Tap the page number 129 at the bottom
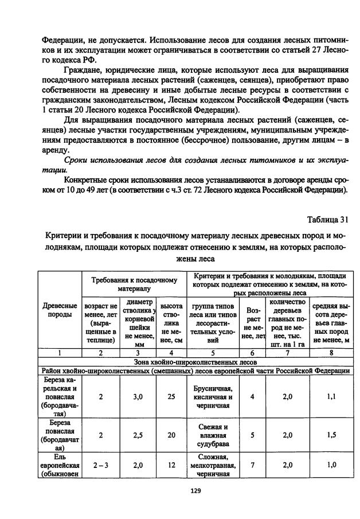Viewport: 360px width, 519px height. pyautogui.click(x=195, y=490)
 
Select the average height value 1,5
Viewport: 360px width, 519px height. pyautogui.click(x=331, y=435)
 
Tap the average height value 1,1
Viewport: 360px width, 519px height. pyautogui.click(x=331, y=396)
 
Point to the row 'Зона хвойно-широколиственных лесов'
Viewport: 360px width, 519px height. pyautogui.click(x=195, y=362)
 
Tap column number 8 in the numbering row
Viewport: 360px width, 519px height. pyautogui.click(x=331, y=353)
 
